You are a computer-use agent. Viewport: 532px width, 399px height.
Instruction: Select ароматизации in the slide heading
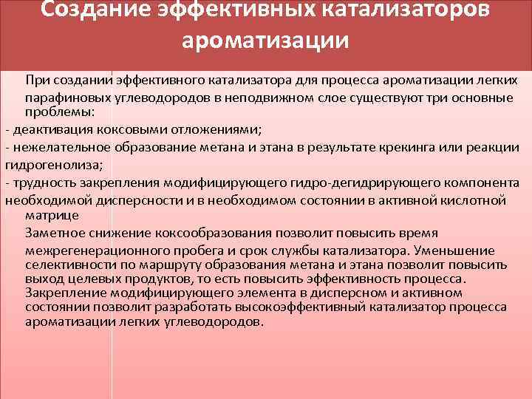pyautogui.click(x=266, y=38)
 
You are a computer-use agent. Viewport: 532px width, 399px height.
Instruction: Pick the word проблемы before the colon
pyautogui.click(x=56, y=112)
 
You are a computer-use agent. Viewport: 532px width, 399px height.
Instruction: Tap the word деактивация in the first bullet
pyautogui.click(x=45, y=129)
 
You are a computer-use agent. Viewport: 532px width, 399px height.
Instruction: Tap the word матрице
pyautogui.click(x=51, y=215)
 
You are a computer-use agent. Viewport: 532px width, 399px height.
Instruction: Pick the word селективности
pyautogui.click(x=66, y=265)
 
